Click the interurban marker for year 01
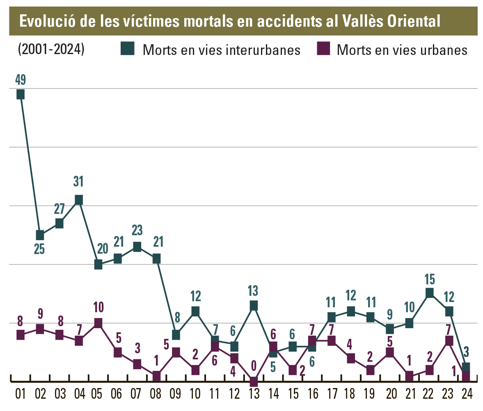(x=20, y=94)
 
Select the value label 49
(x=20, y=80)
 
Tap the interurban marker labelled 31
(x=79, y=200)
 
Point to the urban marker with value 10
(x=98, y=323)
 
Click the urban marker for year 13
(x=254, y=381)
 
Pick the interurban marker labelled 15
(x=429, y=293)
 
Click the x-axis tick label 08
(x=156, y=395)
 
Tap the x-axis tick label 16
(x=312, y=395)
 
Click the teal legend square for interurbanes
(x=127, y=49)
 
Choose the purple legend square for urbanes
(x=323, y=49)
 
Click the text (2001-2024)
(x=51, y=49)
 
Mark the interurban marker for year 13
(x=254, y=305)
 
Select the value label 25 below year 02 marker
(x=39, y=249)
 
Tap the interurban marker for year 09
(x=176, y=334)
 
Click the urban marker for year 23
(x=449, y=340)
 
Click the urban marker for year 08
(x=156, y=376)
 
